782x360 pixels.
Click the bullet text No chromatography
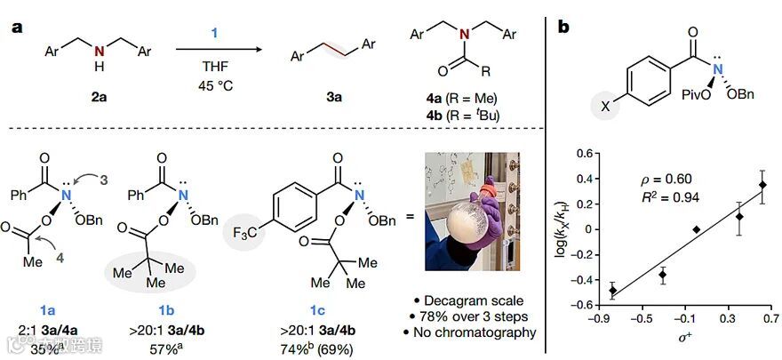pyautogui.click(x=481, y=333)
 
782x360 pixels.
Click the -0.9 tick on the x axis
pyautogui.click(x=601, y=316)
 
